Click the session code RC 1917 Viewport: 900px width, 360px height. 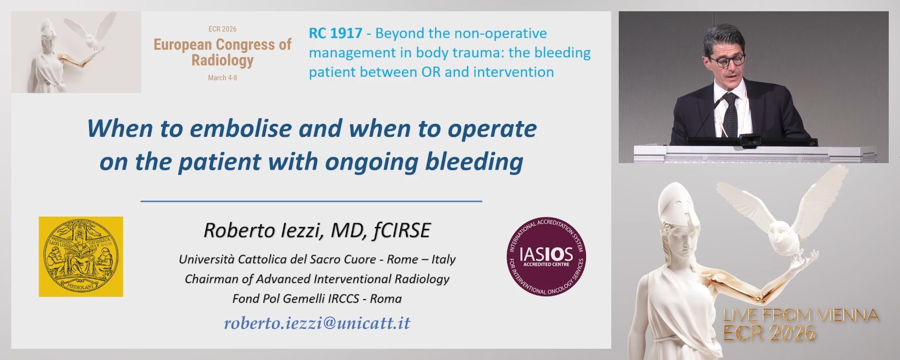pos(335,33)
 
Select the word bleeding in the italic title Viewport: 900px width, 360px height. pos(474,162)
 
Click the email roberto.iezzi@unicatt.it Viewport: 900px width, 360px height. pos(317,323)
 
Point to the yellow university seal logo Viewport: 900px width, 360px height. pos(81,256)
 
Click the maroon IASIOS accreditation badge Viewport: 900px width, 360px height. pos(547,256)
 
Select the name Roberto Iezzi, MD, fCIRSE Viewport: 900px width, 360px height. pos(317,231)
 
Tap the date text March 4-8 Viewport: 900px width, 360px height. pos(222,78)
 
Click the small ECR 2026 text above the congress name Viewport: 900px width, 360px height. pos(222,29)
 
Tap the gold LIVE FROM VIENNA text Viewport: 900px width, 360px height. pos(801,315)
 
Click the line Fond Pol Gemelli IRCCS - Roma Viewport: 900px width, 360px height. pos(317,299)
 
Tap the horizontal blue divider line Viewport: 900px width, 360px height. pos(311,201)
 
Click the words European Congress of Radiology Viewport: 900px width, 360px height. pos(222,52)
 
